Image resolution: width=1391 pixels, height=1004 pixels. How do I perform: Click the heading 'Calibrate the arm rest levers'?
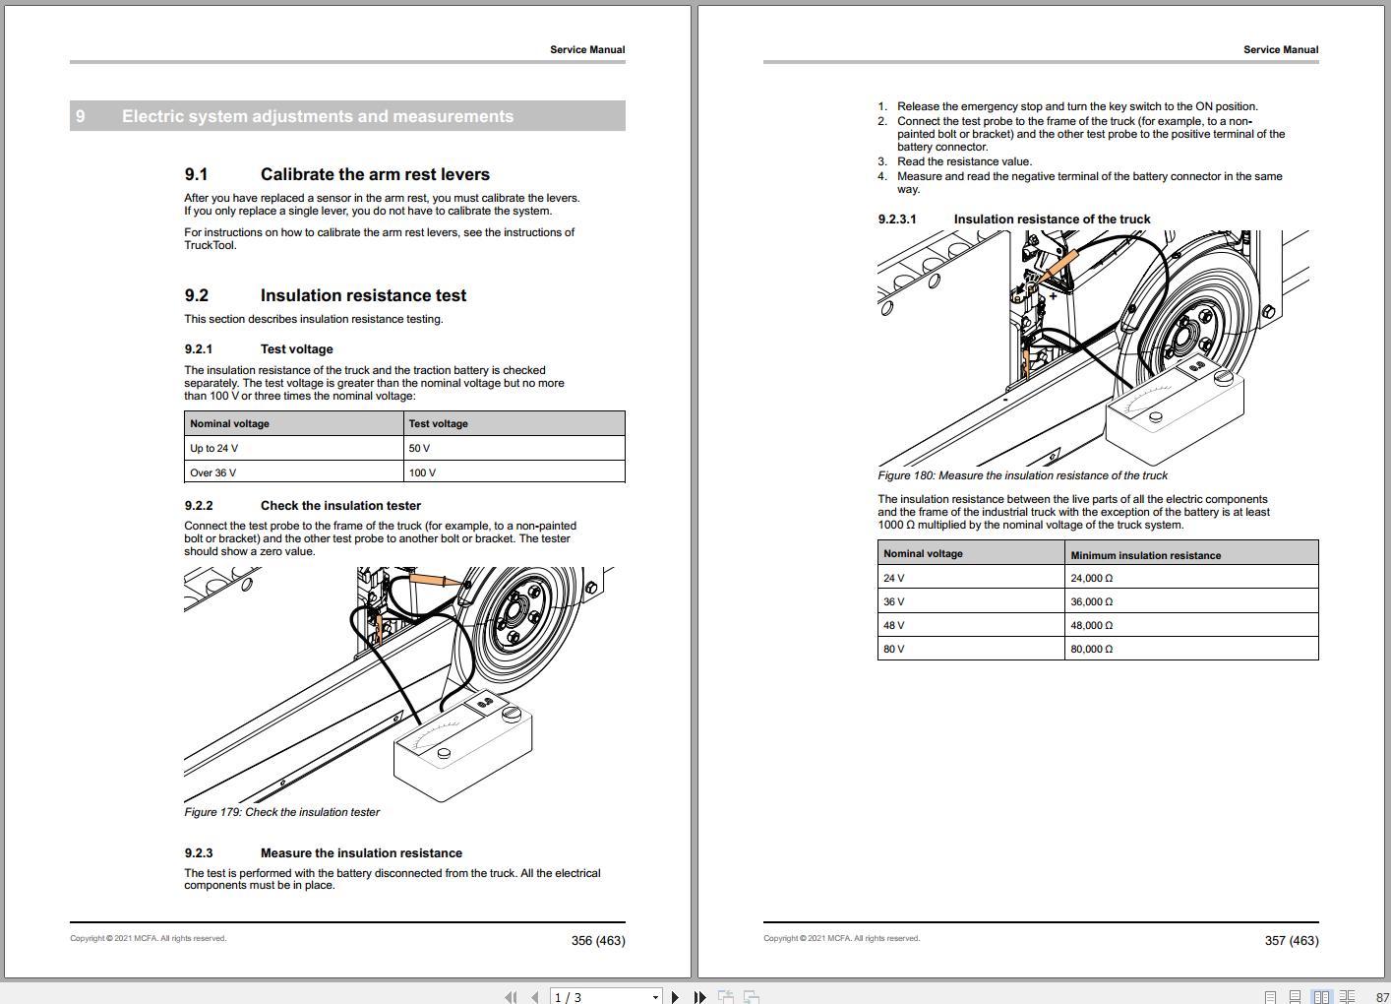(x=375, y=174)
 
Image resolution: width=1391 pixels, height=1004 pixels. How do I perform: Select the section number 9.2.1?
(x=198, y=349)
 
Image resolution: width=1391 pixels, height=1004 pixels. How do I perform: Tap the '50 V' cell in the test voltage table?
(x=420, y=449)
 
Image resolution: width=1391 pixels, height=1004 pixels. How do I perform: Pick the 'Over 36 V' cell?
(x=213, y=473)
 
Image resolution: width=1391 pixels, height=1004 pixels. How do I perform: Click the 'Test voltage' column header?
(x=439, y=424)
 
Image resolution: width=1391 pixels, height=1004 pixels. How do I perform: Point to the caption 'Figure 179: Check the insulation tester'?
(x=281, y=812)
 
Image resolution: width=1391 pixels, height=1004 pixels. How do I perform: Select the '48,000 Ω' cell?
(x=1092, y=626)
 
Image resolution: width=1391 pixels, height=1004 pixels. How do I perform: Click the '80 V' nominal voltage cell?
(x=894, y=650)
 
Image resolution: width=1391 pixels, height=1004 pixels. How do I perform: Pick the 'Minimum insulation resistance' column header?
(x=1146, y=555)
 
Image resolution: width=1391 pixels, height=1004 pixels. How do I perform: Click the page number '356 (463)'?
(x=598, y=941)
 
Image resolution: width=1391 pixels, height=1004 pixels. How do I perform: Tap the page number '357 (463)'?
(x=1292, y=941)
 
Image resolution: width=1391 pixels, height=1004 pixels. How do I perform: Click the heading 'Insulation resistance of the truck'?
(x=1052, y=220)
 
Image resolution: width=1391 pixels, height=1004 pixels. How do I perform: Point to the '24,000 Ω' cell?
(x=1092, y=579)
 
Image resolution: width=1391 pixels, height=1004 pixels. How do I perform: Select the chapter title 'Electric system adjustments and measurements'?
(x=318, y=116)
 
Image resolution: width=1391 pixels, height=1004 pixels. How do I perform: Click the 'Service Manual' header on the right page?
(x=1281, y=49)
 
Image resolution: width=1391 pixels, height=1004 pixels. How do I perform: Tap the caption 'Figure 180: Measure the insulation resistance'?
(x=1022, y=475)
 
